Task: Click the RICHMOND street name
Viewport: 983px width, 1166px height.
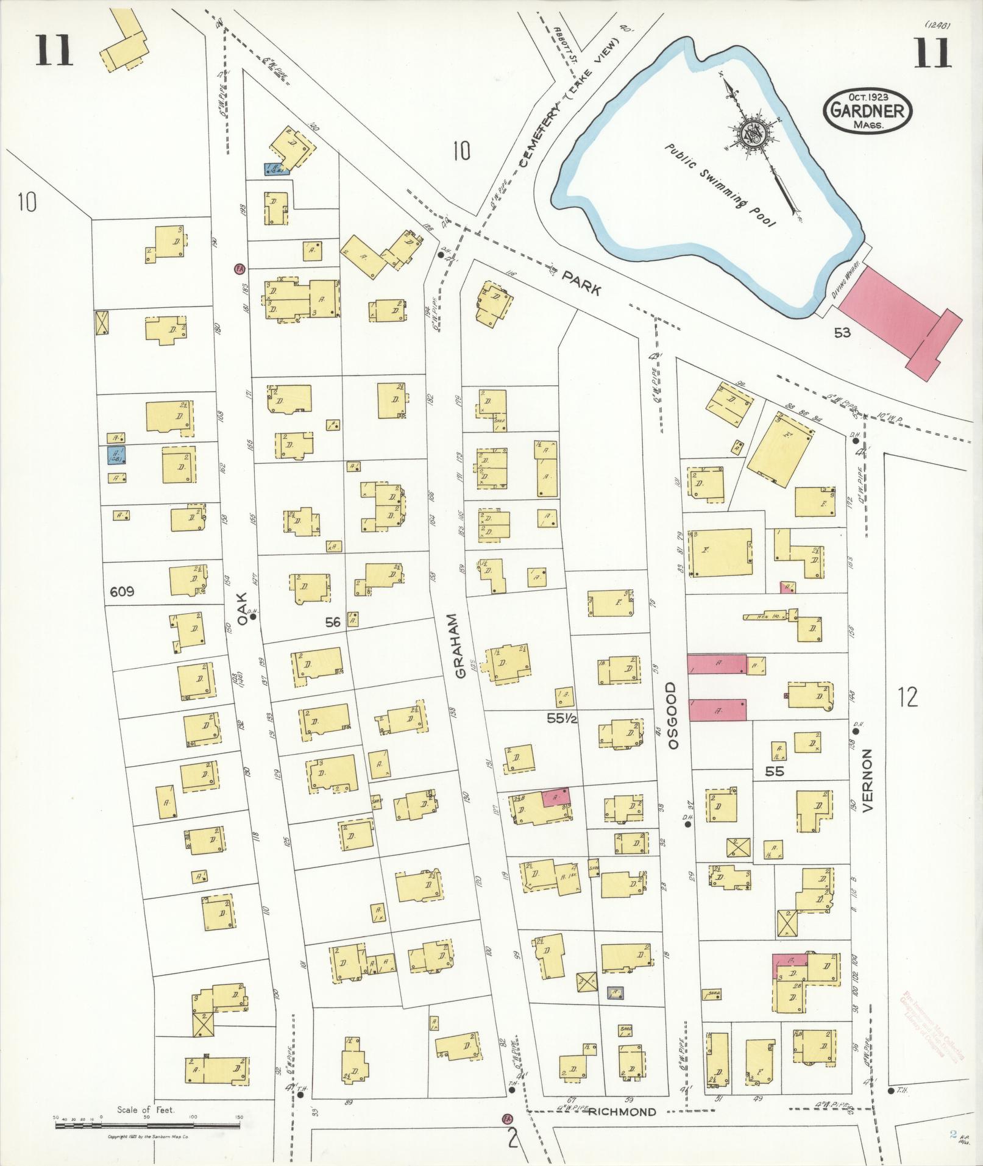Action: (x=622, y=1112)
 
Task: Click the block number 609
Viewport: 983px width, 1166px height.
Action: (x=122, y=591)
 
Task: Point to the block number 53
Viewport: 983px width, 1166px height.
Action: (x=843, y=332)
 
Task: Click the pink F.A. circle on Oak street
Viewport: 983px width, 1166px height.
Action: (x=240, y=268)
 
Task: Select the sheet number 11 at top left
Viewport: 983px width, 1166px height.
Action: (x=54, y=50)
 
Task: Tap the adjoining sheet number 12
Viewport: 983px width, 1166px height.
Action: (x=907, y=696)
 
